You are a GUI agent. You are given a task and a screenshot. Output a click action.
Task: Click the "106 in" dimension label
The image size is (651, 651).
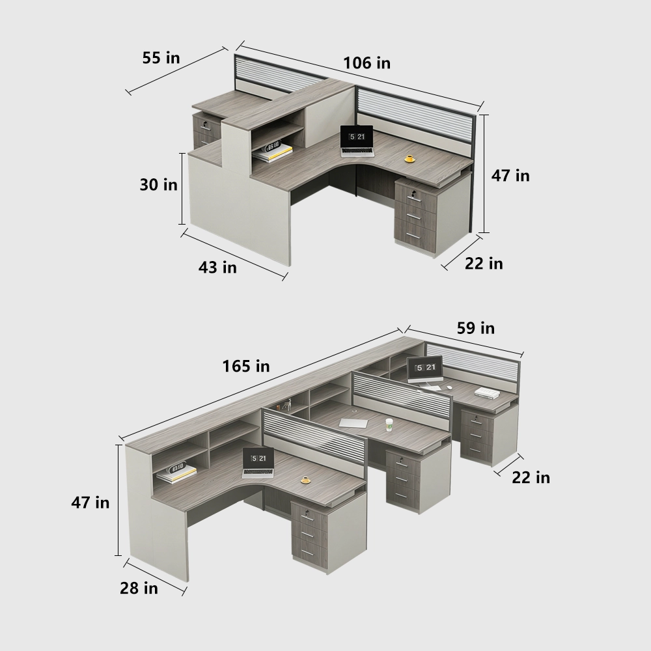tap(367, 63)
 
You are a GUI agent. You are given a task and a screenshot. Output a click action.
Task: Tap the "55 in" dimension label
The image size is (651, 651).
tap(161, 57)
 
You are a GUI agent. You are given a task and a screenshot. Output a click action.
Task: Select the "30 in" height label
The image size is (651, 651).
tap(158, 185)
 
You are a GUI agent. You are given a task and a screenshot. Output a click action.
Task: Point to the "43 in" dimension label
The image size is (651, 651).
tap(217, 267)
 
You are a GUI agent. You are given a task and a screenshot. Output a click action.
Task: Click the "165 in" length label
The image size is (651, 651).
tap(245, 367)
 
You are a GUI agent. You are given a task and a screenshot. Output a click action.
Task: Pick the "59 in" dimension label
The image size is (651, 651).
tap(475, 328)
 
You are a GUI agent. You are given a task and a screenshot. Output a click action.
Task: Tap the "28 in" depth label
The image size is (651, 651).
tap(139, 588)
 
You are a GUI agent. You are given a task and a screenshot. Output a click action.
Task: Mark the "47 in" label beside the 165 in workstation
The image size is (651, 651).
tap(90, 503)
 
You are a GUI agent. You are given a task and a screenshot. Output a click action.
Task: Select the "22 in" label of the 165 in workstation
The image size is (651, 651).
tap(531, 477)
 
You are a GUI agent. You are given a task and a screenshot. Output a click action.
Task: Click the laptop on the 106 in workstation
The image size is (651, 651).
tap(357, 141)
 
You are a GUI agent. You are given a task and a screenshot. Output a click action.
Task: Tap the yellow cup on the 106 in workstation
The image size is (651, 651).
tap(409, 158)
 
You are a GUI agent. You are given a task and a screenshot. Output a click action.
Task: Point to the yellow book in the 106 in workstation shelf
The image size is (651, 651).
tap(274, 153)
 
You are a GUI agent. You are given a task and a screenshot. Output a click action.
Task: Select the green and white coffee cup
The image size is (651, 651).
tap(389, 424)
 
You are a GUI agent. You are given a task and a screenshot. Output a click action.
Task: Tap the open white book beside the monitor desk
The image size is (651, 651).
tap(487, 392)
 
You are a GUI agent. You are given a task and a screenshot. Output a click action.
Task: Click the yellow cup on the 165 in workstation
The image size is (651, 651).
tap(305, 480)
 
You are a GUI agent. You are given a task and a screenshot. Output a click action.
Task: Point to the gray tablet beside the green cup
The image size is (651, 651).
tap(353, 422)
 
